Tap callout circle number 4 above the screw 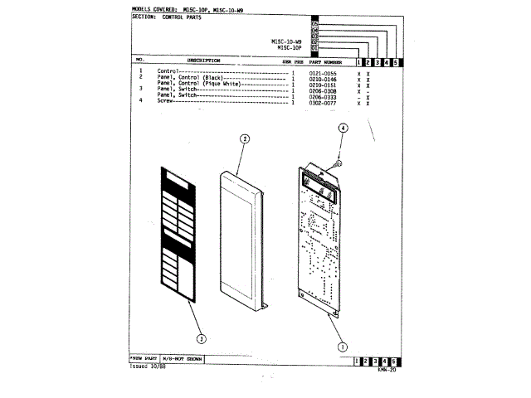[x=343, y=129]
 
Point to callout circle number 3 [x=199, y=337]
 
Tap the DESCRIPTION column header [x=203, y=61]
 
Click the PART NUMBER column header [x=324, y=61]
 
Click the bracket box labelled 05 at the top [x=314, y=22]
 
